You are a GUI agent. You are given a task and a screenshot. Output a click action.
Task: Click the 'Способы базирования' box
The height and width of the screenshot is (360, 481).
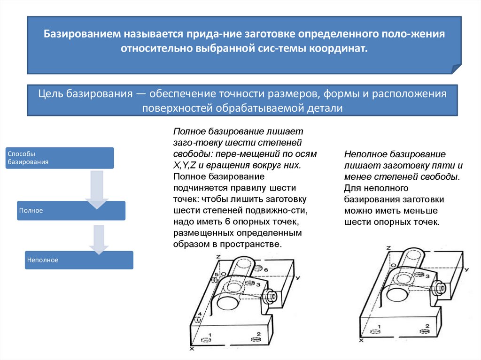click(59, 158)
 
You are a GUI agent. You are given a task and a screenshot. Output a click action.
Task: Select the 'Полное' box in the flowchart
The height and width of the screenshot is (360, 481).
click(71, 211)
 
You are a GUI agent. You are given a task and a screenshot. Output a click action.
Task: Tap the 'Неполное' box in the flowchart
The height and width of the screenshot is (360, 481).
click(79, 260)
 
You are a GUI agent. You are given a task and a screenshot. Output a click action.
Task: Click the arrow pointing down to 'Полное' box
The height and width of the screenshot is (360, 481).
click(97, 190)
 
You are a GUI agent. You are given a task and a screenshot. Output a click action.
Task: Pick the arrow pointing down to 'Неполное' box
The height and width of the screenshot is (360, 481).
click(98, 239)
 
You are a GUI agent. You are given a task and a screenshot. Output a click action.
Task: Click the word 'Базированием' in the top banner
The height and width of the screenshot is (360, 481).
click(83, 35)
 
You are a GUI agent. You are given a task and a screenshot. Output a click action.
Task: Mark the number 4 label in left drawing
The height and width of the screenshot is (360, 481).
click(199, 314)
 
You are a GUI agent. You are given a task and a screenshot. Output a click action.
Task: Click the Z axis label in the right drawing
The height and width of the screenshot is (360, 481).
click(388, 247)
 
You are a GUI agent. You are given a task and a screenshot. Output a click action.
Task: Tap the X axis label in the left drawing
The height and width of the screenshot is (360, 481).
click(191, 349)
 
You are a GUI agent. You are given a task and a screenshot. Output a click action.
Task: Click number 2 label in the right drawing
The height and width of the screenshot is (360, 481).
click(427, 325)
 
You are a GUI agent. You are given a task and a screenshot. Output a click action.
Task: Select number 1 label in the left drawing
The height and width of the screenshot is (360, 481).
click(209, 335)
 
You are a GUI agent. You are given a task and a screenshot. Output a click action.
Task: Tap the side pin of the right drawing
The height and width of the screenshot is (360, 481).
click(441, 287)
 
